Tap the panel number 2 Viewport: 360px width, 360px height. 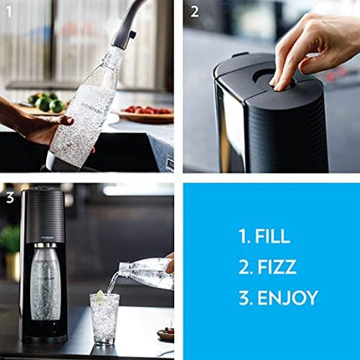coord(193,11)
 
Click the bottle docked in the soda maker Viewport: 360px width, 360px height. coord(45,285)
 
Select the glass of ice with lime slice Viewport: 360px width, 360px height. coord(105,318)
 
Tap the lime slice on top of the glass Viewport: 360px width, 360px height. coord(100,296)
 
